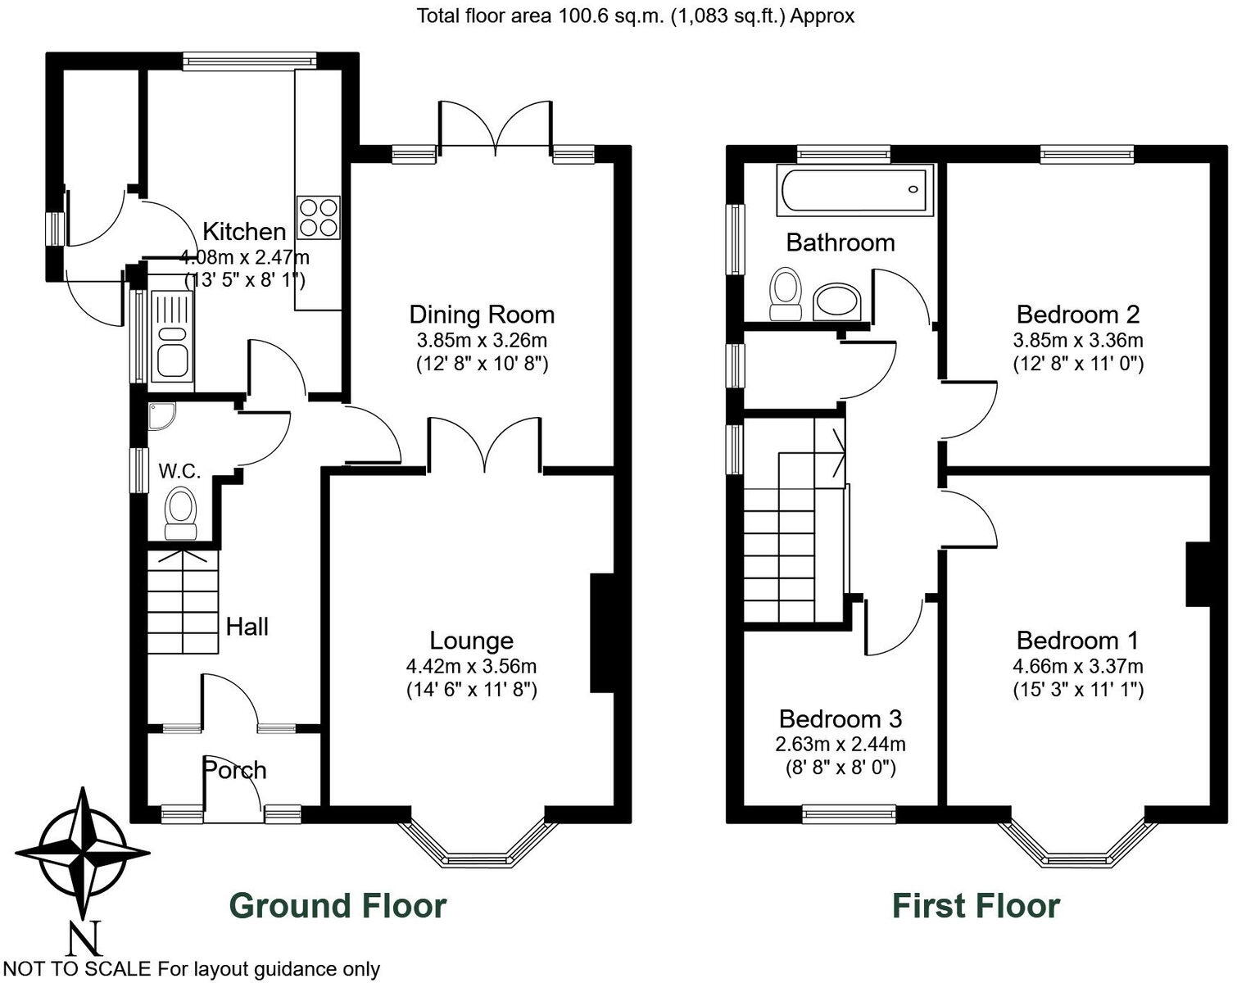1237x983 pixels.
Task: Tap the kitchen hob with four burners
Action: point(318,218)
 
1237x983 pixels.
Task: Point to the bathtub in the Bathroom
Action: point(855,191)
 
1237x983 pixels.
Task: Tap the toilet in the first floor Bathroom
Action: point(786,293)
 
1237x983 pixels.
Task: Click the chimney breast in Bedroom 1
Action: point(1198,573)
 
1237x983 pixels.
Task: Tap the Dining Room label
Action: point(482,315)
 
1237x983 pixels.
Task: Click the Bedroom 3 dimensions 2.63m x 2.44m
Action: point(841,744)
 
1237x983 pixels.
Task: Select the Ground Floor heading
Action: point(338,906)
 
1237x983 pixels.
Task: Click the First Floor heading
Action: point(975,906)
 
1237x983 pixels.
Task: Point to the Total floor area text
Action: point(636,16)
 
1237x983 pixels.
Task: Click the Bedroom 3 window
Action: point(849,813)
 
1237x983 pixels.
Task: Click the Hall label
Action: point(247,627)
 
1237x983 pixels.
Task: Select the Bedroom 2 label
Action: point(1077,315)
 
